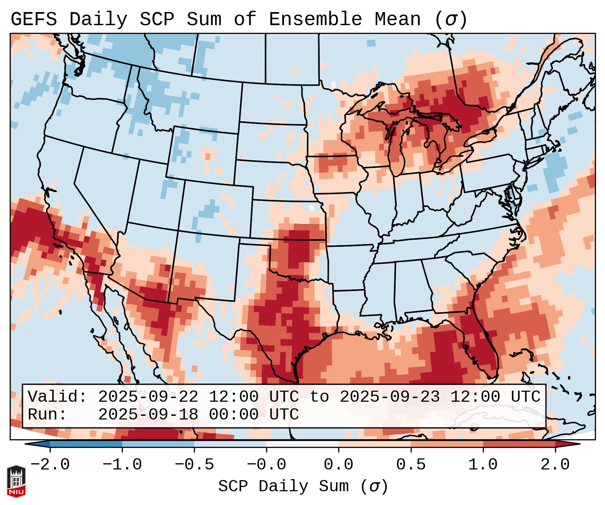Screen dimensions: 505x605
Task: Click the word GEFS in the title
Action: click(x=34, y=19)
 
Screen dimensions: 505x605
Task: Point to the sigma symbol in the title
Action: click(x=451, y=19)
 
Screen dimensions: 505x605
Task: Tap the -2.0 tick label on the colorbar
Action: click(x=50, y=465)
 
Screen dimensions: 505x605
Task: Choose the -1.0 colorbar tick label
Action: click(x=122, y=465)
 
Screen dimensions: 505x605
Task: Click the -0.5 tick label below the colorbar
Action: click(x=194, y=465)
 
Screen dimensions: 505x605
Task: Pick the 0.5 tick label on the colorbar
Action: click(x=411, y=465)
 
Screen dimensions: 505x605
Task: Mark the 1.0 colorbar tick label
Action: click(x=483, y=465)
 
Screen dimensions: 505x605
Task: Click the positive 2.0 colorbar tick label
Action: click(x=555, y=465)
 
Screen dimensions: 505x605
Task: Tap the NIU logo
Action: click(x=16, y=481)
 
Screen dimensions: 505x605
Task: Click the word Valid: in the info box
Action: click(x=57, y=397)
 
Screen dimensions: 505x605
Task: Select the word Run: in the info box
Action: click(x=47, y=415)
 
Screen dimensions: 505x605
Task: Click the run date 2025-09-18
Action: click(x=148, y=415)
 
